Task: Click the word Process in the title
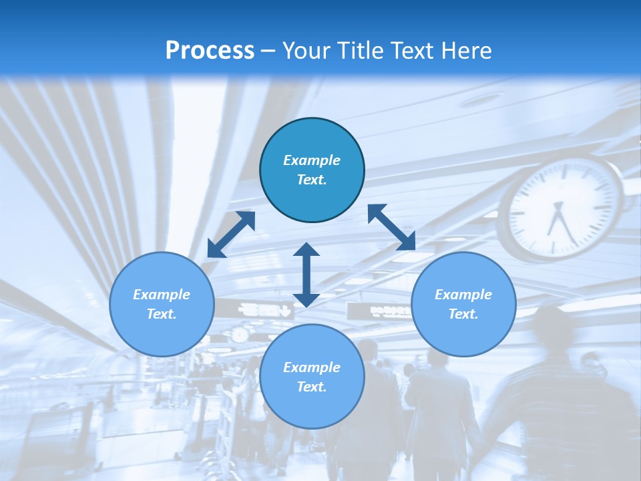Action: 210,50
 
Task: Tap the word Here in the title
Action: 465,50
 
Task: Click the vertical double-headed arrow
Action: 306,275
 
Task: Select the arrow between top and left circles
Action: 231,234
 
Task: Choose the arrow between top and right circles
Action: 391,227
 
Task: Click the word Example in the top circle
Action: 312,160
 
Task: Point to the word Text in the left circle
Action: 161,314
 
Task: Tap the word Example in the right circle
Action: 463,295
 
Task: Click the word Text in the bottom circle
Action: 311,387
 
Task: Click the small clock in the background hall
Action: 239,334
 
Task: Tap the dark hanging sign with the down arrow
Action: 266,310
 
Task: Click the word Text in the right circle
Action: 463,314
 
